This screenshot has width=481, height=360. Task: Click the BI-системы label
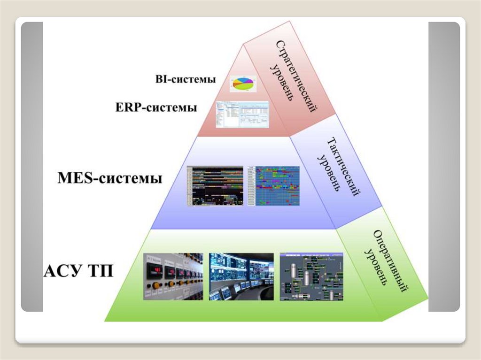(x=185, y=79)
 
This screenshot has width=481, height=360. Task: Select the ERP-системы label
(x=155, y=107)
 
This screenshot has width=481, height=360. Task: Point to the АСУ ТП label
(x=78, y=271)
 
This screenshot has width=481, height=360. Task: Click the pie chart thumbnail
(x=243, y=84)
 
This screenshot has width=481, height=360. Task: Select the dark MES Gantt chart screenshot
(x=215, y=186)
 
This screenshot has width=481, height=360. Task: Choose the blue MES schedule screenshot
(x=273, y=186)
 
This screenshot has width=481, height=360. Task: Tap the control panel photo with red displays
(x=173, y=276)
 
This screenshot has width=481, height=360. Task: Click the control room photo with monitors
(x=241, y=276)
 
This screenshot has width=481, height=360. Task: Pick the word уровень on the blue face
(x=328, y=171)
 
